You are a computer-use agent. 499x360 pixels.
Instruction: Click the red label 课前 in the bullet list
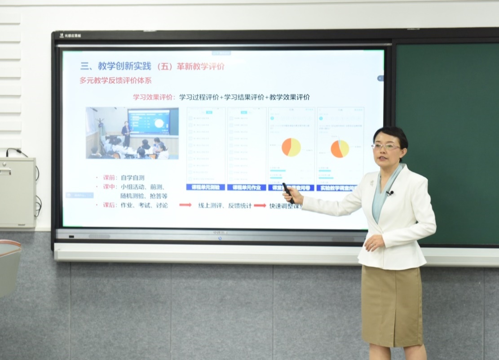point(109,178)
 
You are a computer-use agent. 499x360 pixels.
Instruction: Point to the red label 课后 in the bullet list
point(109,205)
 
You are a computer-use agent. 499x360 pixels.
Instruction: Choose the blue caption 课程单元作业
point(247,187)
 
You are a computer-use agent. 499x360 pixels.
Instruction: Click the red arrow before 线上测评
point(185,205)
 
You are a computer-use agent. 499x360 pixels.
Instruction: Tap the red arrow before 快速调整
point(260,205)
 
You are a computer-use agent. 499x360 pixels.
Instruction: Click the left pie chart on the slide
point(291,147)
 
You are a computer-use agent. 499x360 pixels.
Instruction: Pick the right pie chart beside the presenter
point(340,149)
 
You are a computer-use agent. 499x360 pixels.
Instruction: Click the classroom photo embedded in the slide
point(132,133)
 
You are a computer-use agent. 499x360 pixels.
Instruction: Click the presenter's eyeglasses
point(385,146)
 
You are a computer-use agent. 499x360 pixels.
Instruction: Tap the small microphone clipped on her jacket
point(389,193)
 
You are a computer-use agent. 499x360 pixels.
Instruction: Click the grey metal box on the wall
point(17,192)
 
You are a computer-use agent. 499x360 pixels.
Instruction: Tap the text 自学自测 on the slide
point(132,178)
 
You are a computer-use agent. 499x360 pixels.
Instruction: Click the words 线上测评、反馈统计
point(225,205)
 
